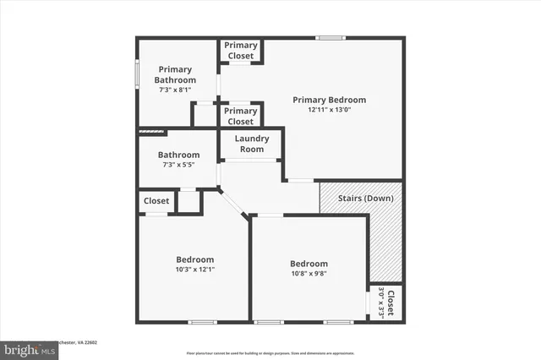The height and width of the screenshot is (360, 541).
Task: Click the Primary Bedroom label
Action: pyautogui.click(x=329, y=100)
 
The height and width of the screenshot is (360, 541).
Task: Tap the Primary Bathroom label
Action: pyautogui.click(x=175, y=74)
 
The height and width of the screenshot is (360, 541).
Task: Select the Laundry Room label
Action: pyautogui.click(x=251, y=144)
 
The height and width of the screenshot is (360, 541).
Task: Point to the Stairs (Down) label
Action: pyautogui.click(x=365, y=199)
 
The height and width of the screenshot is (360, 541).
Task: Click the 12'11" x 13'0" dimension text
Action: pyautogui.click(x=329, y=109)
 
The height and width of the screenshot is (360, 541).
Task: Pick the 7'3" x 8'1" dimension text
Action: pyautogui.click(x=175, y=90)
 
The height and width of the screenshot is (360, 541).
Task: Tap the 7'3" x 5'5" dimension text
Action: pyautogui.click(x=178, y=166)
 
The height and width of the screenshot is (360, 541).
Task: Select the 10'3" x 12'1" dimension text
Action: pyautogui.click(x=194, y=270)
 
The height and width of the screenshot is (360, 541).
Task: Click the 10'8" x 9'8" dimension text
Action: pyautogui.click(x=309, y=274)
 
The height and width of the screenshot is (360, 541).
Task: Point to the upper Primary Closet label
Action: pyautogui.click(x=241, y=51)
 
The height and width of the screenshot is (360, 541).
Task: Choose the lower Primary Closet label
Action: pyautogui.click(x=241, y=116)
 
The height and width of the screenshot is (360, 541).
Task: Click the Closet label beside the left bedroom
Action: pyautogui.click(x=156, y=201)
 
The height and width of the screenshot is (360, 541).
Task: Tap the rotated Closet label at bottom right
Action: pyautogui.click(x=391, y=302)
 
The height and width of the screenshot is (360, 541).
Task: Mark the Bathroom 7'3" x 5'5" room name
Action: pyautogui.click(x=178, y=155)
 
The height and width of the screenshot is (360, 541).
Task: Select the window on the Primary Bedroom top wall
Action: pyautogui.click(x=330, y=37)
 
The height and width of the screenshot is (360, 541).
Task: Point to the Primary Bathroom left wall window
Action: pyautogui.click(x=137, y=73)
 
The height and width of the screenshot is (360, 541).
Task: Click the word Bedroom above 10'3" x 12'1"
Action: pyautogui.click(x=194, y=259)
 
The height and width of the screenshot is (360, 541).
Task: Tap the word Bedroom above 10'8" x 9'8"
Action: pyautogui.click(x=309, y=264)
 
